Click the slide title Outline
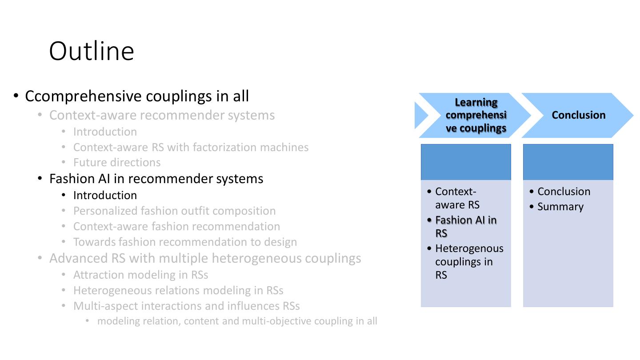(92, 51)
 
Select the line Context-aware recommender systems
(162, 115)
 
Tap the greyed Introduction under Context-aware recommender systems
(105, 132)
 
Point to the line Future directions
(117, 163)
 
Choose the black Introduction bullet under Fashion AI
(105, 196)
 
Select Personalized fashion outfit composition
(174, 211)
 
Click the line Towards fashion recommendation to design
(185, 242)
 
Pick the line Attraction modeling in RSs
(140, 275)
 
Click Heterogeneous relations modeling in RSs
(178, 291)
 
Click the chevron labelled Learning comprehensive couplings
(476, 116)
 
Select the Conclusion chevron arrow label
(578, 115)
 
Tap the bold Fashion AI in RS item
(465, 227)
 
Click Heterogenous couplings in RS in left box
(469, 262)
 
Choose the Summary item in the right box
(560, 207)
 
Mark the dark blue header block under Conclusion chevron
(568, 162)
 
